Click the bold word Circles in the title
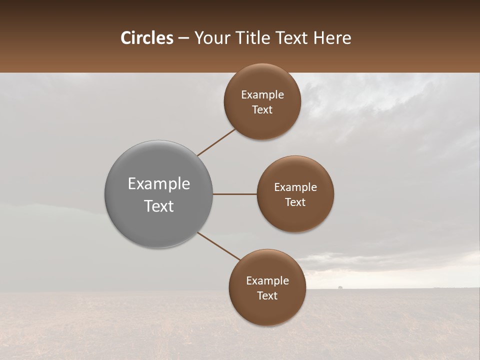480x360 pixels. point(147,38)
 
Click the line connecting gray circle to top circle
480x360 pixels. point(217,142)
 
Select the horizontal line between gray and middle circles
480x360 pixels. point(235,194)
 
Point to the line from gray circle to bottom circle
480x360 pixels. point(219,246)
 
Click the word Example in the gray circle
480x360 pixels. point(159,184)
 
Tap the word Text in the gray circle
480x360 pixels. point(159,206)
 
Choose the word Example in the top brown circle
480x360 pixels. point(262,95)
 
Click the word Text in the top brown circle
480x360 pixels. point(262,110)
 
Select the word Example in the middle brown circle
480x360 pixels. point(295,187)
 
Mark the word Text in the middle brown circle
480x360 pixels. point(295,202)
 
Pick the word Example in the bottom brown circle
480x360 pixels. point(267,281)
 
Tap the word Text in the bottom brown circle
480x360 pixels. point(267,296)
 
